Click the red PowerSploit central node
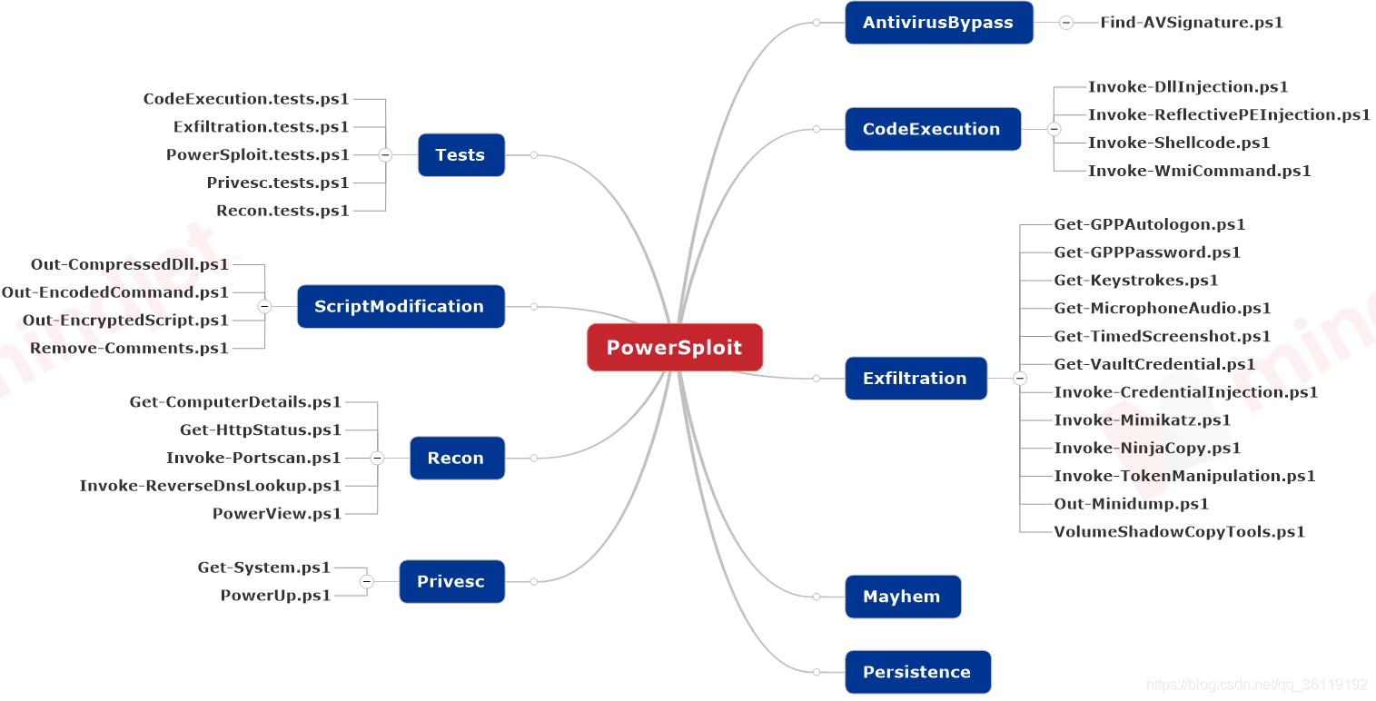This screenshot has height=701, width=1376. click(x=674, y=348)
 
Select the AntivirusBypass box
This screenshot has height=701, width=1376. click(x=938, y=23)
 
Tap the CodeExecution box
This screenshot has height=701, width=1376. click(x=932, y=129)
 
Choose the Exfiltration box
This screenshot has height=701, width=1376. click(x=915, y=379)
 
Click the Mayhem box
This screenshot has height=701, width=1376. click(x=902, y=597)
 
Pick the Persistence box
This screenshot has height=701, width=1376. click(x=916, y=672)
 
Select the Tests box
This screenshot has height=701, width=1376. click(x=460, y=155)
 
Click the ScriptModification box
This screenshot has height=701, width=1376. click(x=400, y=307)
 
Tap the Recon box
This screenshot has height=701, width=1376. click(x=456, y=459)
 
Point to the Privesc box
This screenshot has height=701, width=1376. click(x=451, y=582)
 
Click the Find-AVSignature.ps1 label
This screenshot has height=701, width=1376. click(x=1192, y=23)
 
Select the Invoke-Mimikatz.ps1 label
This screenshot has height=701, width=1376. click(x=1142, y=420)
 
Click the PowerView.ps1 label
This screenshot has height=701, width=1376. click(x=277, y=514)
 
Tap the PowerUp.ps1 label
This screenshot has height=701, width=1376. click(x=275, y=596)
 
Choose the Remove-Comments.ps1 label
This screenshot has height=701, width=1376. click(x=129, y=349)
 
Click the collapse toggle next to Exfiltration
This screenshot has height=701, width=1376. click(x=1020, y=379)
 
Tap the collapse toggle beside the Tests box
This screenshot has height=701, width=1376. click(x=385, y=155)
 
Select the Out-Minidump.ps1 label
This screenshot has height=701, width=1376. click(x=1131, y=504)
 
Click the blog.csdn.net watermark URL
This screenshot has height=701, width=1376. click(x=1256, y=685)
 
